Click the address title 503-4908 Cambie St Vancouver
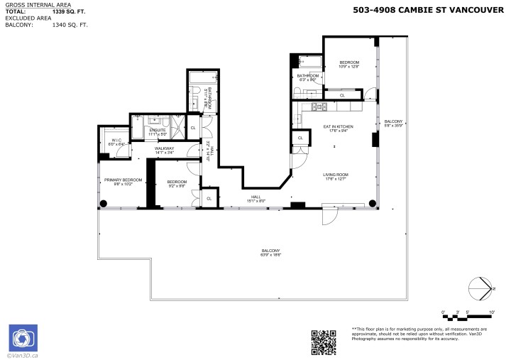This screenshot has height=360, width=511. point(428,10)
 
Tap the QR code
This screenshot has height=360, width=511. point(324,342)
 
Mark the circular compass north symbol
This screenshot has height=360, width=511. point(480,288)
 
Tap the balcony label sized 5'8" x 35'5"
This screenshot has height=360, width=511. point(393,124)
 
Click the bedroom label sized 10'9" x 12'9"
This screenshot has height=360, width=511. point(348,64)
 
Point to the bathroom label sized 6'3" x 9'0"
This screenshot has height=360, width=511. point(307,77)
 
